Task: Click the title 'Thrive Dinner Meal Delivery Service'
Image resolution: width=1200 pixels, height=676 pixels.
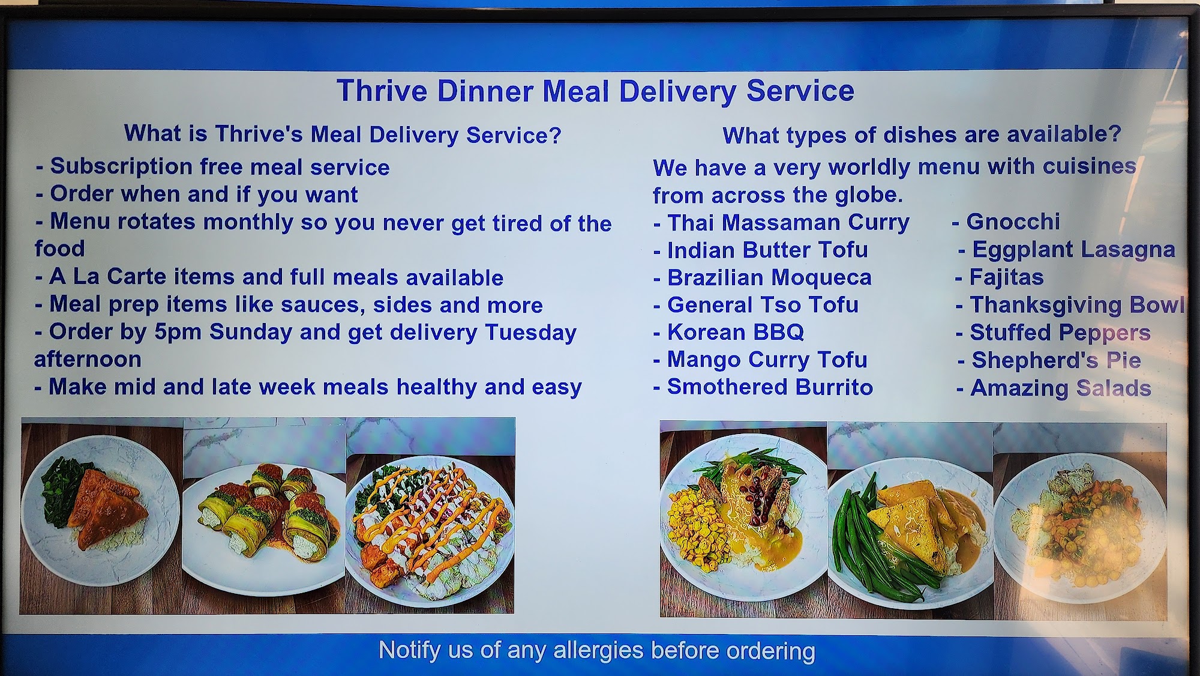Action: [x=595, y=91]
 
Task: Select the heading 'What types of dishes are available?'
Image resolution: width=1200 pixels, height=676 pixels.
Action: [x=922, y=135]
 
